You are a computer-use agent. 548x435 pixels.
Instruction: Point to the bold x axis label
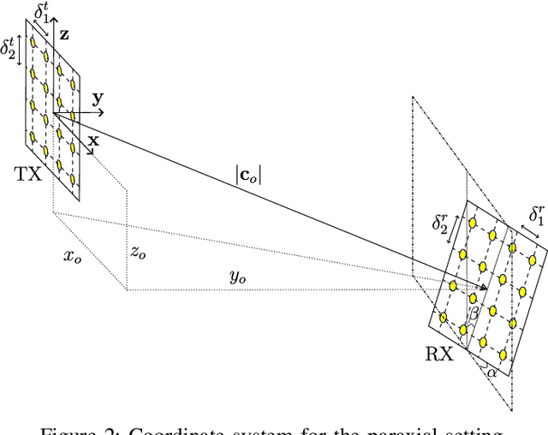(95, 138)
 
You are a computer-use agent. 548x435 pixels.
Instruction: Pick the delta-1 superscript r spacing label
(534, 215)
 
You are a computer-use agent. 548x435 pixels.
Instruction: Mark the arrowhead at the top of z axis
(54, 25)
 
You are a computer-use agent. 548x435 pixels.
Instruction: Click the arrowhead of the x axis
(90, 152)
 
